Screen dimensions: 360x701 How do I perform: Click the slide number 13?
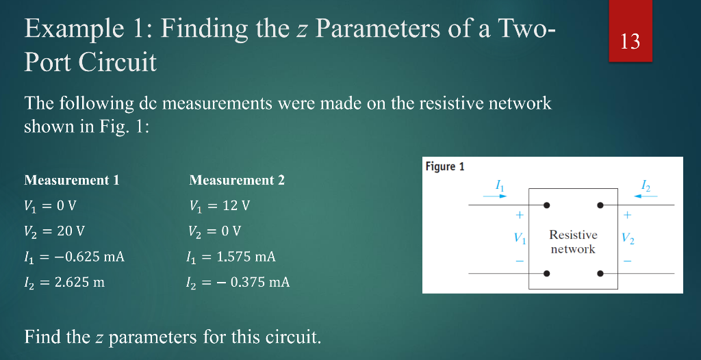[630, 42]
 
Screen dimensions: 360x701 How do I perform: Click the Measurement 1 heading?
[72, 181]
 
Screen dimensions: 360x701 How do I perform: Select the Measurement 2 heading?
[237, 181]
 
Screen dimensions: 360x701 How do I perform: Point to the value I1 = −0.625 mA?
[75, 257]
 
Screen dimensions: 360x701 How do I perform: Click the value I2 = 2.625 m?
[64, 282]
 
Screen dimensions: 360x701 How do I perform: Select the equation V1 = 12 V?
[220, 205]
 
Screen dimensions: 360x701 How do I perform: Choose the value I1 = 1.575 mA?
[231, 257]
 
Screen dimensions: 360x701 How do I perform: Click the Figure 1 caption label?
[445, 166]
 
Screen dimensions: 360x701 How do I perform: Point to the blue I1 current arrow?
[494, 196]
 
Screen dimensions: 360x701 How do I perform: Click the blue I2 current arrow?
[646, 196]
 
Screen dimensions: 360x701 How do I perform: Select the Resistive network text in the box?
[573, 242]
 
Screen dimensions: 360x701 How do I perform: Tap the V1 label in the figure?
[520, 239]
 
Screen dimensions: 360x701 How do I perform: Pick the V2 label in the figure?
[628, 239]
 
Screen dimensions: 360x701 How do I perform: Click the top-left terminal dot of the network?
[546, 205]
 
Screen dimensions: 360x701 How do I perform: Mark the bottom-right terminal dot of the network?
[600, 274]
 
